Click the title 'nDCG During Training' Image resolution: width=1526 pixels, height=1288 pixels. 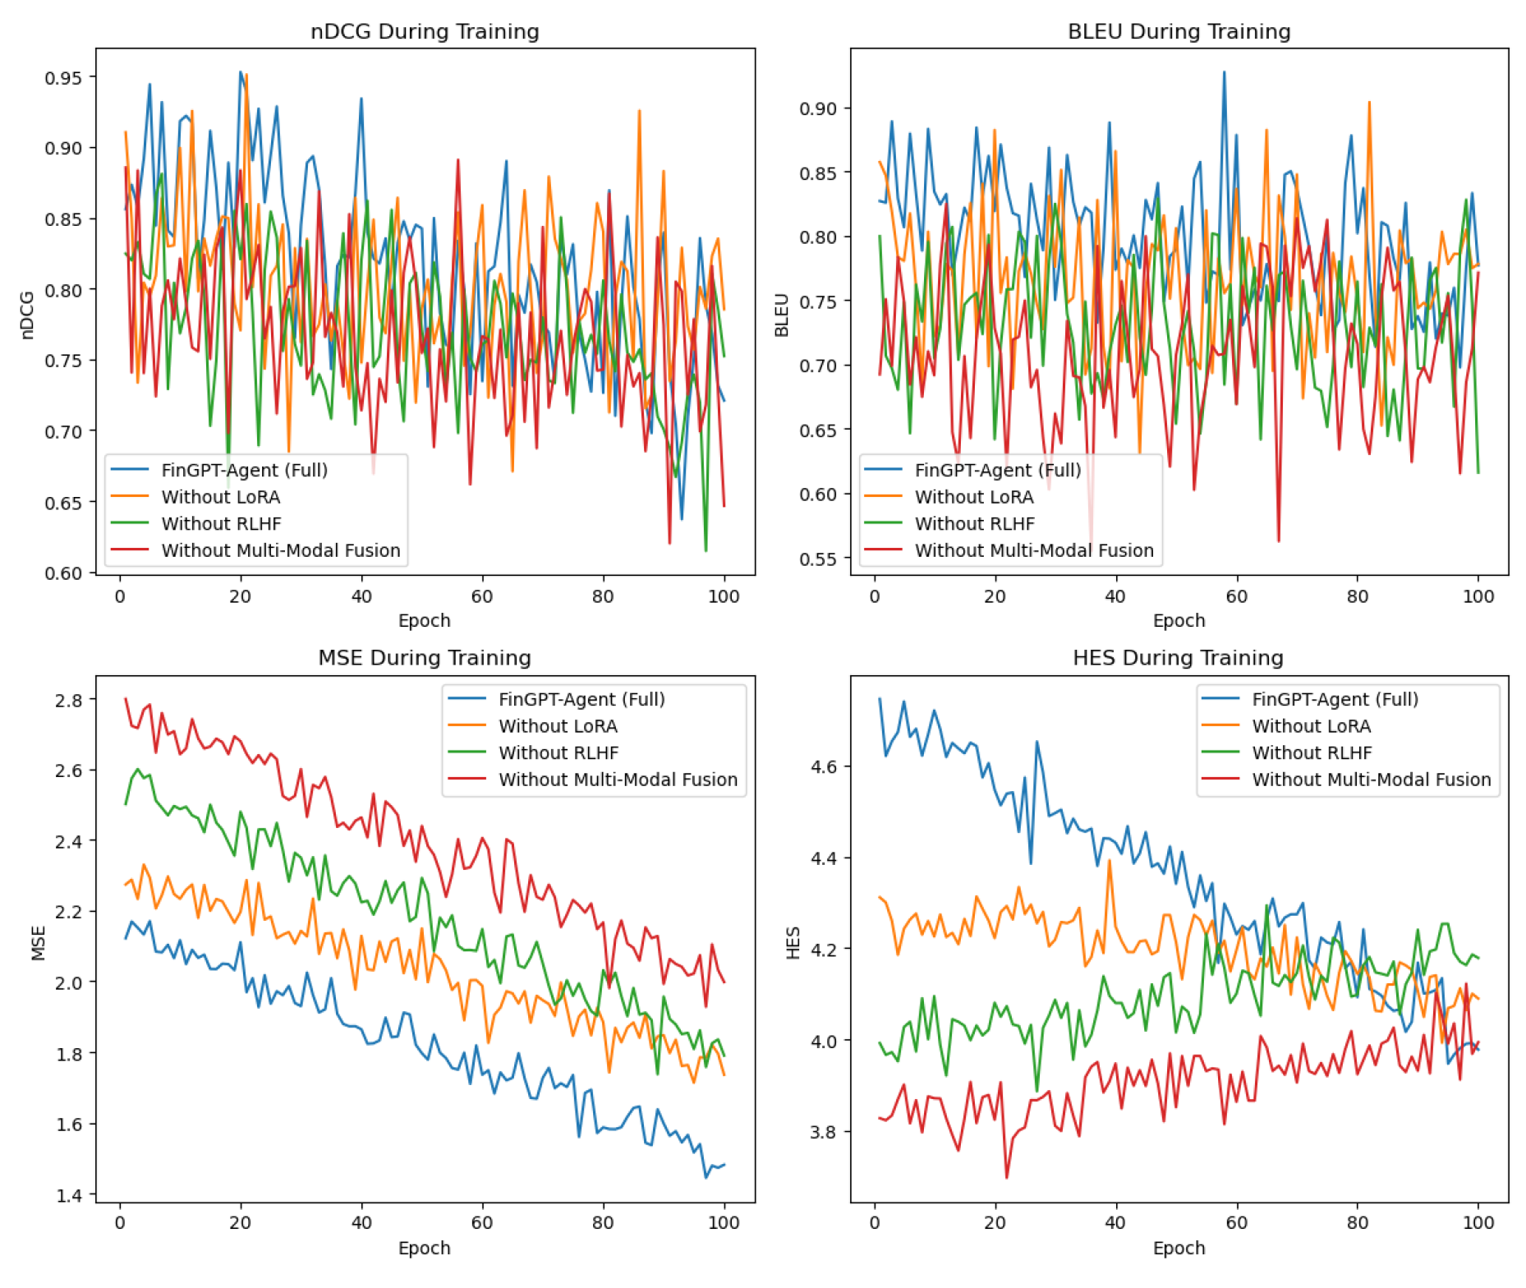[x=425, y=31]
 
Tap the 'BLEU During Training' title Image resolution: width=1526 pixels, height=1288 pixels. [x=1179, y=31]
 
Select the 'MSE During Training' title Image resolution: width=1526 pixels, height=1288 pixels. [x=425, y=658]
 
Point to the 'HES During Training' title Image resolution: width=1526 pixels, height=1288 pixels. [x=1178, y=658]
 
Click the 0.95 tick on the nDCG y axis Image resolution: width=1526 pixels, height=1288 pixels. [x=63, y=78]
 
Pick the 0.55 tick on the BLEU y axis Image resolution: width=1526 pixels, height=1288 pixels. [x=819, y=559]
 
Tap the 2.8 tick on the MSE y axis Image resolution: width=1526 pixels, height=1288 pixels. [x=68, y=701]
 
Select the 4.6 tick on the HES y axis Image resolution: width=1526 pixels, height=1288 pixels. [x=824, y=767]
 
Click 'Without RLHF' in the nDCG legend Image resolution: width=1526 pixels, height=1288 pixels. [x=221, y=524]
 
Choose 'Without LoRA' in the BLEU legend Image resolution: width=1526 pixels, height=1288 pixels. [x=974, y=497]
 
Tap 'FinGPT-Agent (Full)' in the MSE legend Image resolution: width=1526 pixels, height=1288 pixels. [x=581, y=699]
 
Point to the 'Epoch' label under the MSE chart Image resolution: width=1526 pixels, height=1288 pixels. [x=424, y=1248]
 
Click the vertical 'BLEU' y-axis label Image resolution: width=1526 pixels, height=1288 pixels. [x=782, y=315]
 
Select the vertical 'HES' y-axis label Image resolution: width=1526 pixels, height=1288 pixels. [x=793, y=942]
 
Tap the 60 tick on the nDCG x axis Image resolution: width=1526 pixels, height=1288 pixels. [x=482, y=597]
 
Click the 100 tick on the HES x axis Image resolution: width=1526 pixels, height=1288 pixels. [x=1478, y=1222]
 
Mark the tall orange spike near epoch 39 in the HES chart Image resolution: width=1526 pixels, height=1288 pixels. [x=1109, y=862]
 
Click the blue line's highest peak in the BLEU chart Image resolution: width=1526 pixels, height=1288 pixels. [x=1224, y=72]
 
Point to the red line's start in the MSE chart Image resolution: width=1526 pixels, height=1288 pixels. [x=126, y=699]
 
